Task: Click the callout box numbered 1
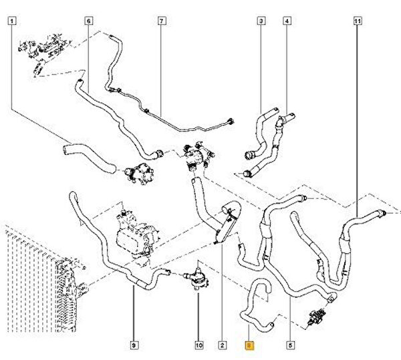click(x=12, y=21)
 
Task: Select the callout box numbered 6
click(x=88, y=21)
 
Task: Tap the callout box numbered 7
click(x=161, y=21)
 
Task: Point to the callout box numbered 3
click(x=261, y=21)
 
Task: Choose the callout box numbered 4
click(x=287, y=21)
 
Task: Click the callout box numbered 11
click(x=358, y=21)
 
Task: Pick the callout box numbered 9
click(x=134, y=345)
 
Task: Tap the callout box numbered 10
click(x=198, y=345)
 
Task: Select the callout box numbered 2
click(x=221, y=345)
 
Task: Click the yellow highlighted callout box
click(x=249, y=345)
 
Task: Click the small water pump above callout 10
click(x=196, y=277)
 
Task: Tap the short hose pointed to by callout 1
click(x=78, y=150)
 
